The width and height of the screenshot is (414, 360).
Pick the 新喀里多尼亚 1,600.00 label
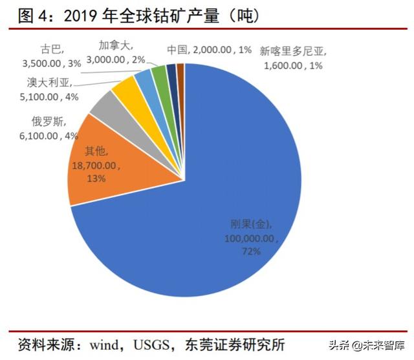coord(290,57)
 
